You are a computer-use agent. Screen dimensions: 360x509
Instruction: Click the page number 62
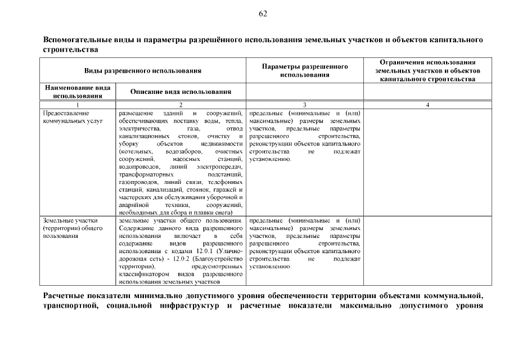263,13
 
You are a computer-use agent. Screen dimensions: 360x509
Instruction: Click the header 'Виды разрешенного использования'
143,71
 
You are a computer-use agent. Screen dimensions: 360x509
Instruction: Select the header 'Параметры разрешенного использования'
305,71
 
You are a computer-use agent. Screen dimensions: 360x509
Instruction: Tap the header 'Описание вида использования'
181,92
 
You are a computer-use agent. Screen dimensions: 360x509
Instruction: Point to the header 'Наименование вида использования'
77,92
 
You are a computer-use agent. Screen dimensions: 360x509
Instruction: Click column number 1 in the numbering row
77,105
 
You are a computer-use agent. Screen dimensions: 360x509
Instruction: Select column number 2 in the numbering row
181,105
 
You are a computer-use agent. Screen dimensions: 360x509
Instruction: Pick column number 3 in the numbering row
305,105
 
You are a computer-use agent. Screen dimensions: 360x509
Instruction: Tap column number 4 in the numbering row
427,105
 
